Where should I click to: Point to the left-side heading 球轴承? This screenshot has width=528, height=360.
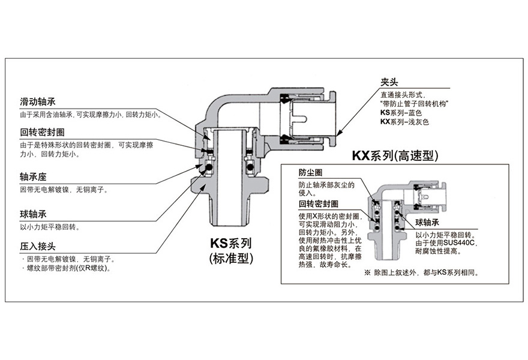pos(34,214)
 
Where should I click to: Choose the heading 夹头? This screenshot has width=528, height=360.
pos(390,83)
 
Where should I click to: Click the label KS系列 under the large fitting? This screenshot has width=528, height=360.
pos(230,244)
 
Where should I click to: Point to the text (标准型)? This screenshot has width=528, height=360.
pos(230,259)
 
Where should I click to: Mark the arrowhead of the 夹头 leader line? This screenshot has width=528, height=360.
pos(340,133)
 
